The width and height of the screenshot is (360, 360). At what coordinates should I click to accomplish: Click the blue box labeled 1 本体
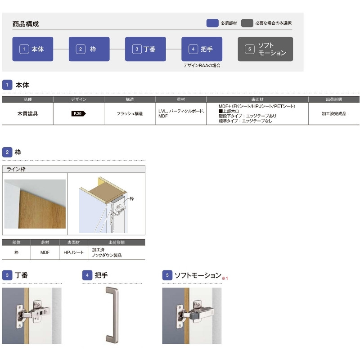[32, 49]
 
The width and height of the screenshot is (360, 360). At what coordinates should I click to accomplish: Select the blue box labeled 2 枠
[89, 49]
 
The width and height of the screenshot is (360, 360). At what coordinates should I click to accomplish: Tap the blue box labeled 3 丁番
[145, 49]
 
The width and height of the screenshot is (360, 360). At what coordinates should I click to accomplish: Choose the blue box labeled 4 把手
[202, 49]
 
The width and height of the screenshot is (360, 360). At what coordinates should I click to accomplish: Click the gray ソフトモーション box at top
[265, 49]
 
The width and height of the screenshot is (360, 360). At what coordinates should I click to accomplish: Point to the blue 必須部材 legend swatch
[212, 22]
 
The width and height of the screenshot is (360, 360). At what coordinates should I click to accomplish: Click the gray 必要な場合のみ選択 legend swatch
[247, 22]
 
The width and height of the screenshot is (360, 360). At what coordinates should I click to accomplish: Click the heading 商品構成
[26, 24]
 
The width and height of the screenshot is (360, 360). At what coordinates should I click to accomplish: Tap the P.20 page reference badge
[78, 114]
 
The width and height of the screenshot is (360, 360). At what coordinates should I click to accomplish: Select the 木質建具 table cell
[27, 114]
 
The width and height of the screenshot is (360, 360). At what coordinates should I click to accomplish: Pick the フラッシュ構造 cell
[130, 114]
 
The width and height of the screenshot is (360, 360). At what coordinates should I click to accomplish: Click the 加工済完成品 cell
[334, 114]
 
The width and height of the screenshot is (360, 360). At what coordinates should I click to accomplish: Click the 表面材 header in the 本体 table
[257, 99]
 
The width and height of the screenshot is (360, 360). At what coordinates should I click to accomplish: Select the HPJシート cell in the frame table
[72, 253]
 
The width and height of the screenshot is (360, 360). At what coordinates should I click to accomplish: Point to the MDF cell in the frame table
[45, 253]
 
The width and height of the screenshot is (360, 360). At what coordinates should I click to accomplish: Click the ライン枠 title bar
[73, 169]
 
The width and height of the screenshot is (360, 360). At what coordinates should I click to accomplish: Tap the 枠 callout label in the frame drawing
[132, 198]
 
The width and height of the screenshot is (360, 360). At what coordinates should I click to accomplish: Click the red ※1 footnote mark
[225, 279]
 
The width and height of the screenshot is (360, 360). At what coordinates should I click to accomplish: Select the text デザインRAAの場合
[202, 66]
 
